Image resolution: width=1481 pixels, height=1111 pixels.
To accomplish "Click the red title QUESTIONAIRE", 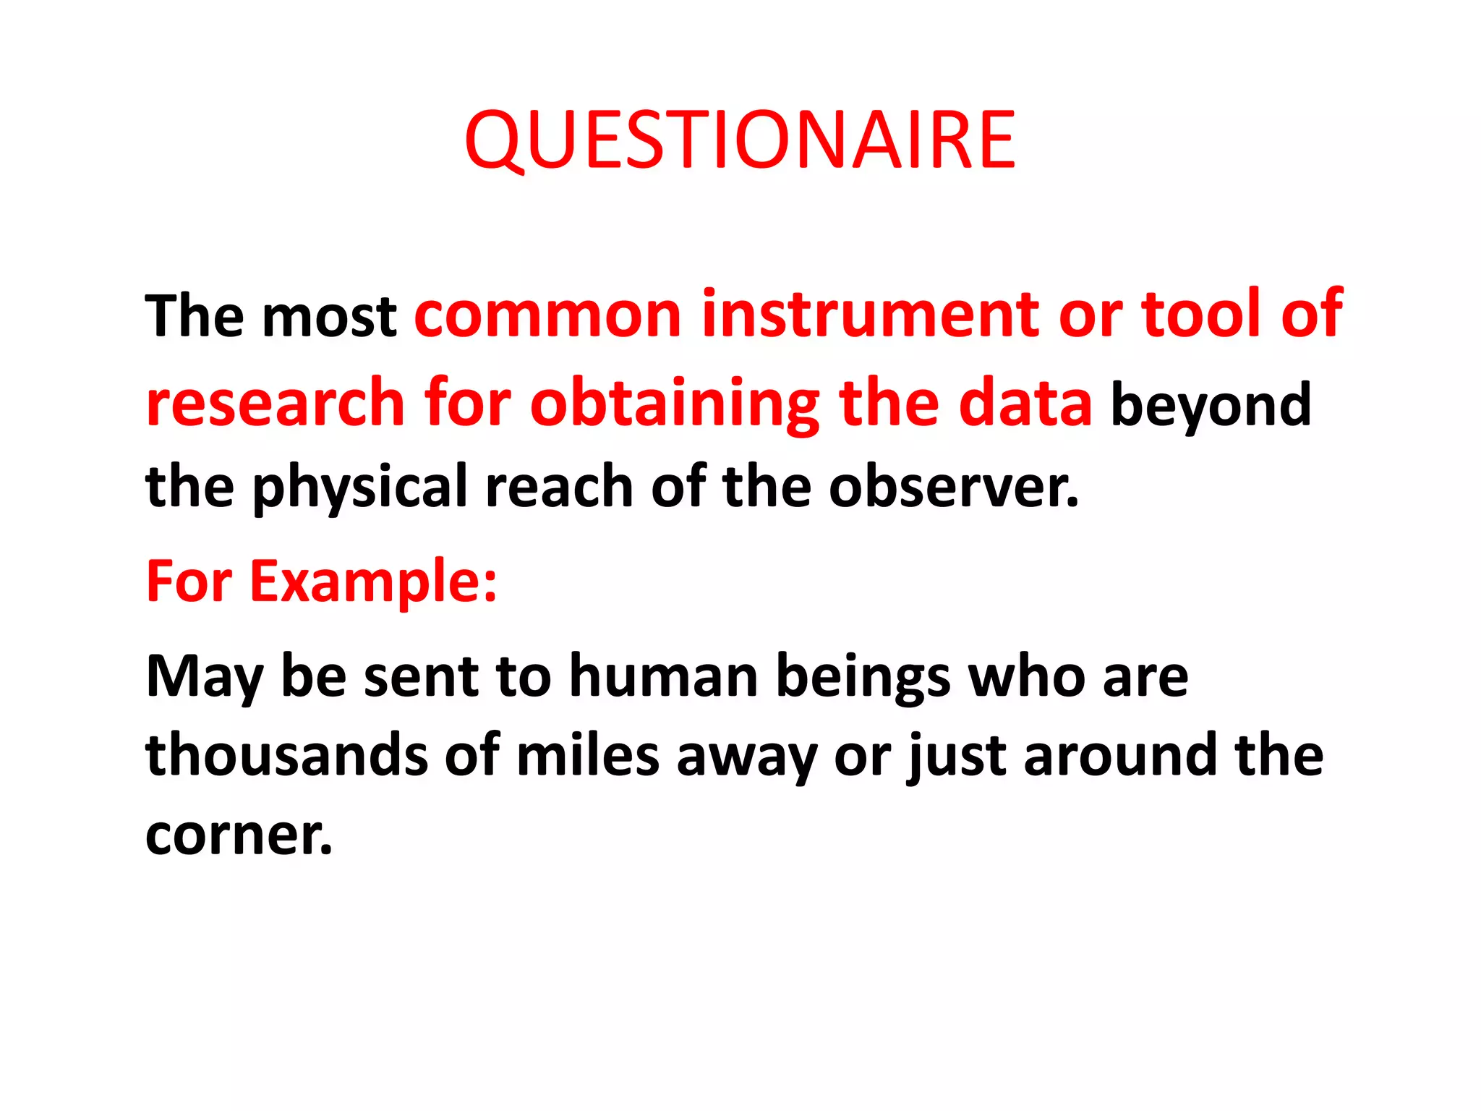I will tap(740, 140).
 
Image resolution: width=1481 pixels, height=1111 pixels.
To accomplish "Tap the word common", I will tap(548, 315).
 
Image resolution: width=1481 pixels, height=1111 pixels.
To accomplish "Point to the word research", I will tap(275, 404).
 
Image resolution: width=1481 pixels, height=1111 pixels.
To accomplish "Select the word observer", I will tap(953, 487).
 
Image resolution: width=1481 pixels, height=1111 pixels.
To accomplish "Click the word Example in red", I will tap(373, 582).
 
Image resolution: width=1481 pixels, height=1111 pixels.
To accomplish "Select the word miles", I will tap(587, 756).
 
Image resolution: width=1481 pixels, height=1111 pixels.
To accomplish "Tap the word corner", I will tap(238, 835).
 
